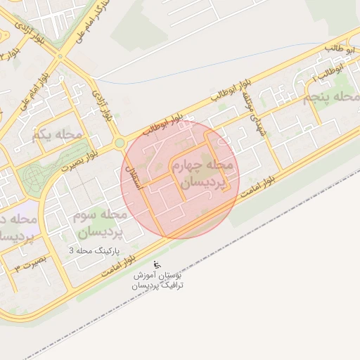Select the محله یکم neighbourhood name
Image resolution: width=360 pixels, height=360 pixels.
58,133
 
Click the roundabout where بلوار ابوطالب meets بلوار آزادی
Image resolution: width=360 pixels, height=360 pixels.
120,143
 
